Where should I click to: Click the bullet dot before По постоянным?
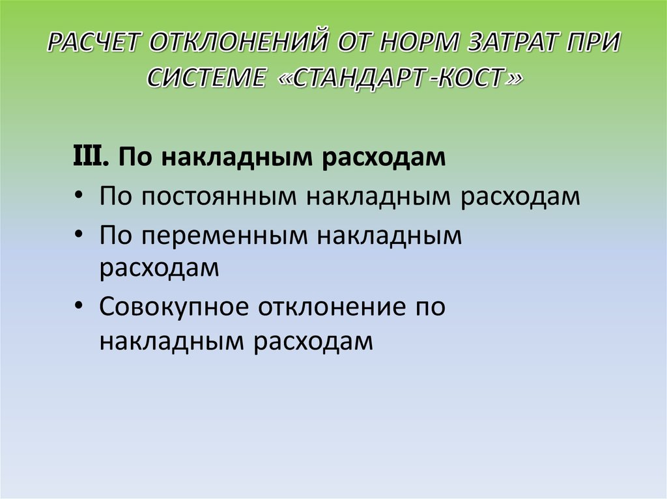pos(79,196)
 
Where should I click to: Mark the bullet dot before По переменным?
pos(79,236)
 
